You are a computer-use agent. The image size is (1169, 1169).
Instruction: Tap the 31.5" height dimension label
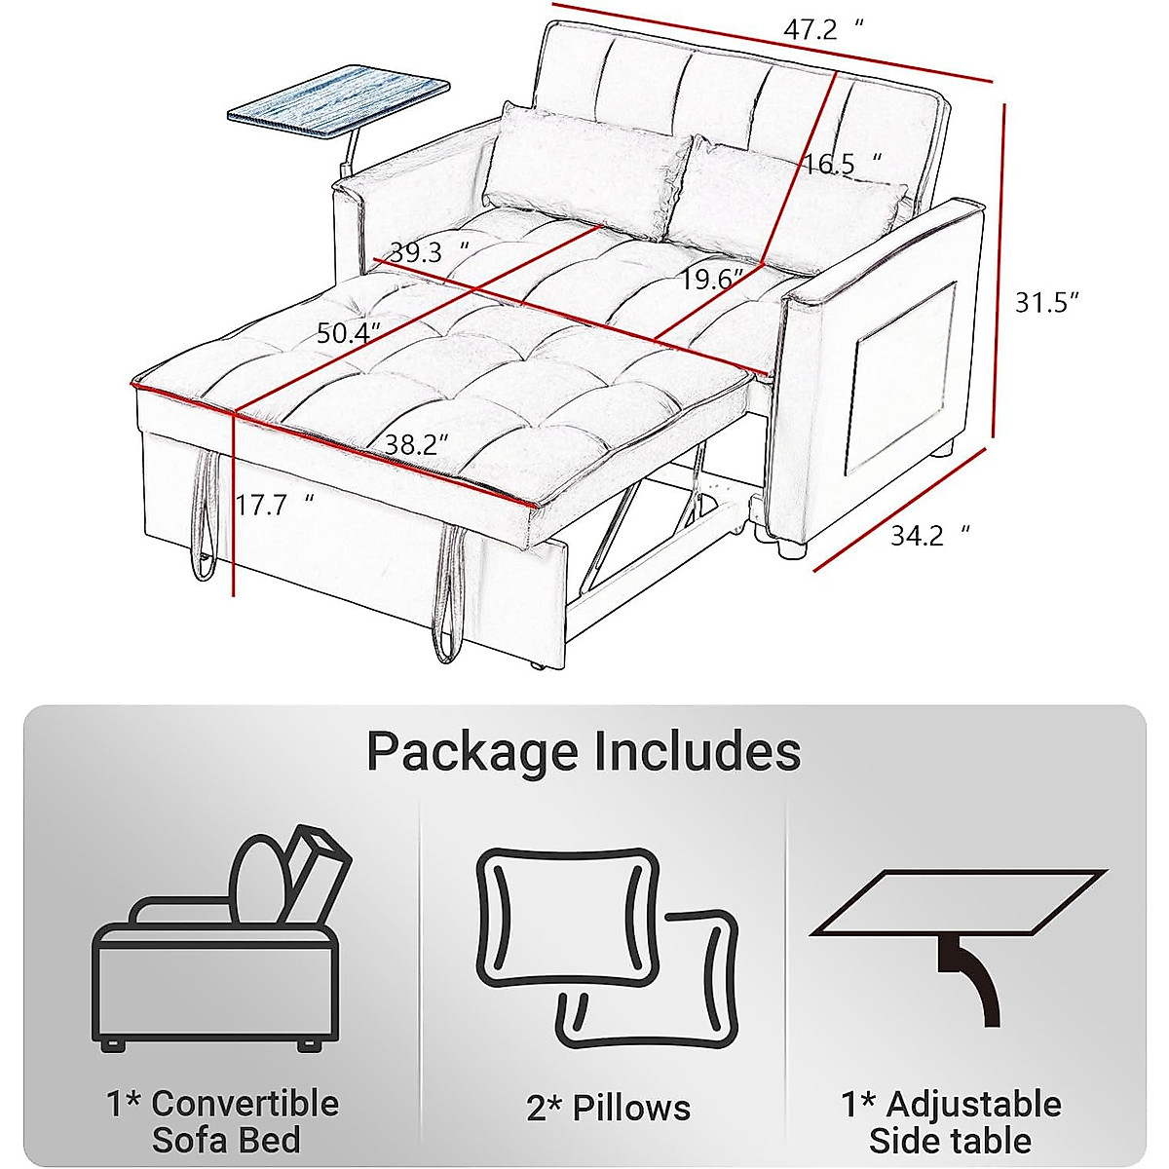[1047, 303]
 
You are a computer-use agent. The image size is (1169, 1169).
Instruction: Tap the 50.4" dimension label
[348, 333]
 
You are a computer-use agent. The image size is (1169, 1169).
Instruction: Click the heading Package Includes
[584, 752]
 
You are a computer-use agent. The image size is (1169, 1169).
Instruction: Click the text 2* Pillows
[608, 1108]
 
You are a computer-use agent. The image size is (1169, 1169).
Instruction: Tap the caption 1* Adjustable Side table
[951, 1121]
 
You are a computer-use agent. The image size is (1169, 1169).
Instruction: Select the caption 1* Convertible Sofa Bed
[223, 1121]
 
